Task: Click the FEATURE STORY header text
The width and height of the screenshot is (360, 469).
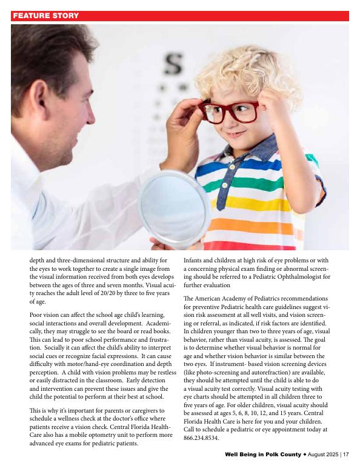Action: (45, 16)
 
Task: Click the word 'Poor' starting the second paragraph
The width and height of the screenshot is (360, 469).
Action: (37, 315)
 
